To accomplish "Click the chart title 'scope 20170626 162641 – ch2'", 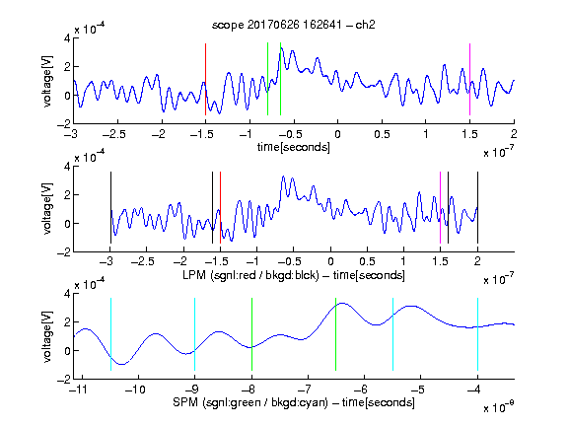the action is [x=294, y=25].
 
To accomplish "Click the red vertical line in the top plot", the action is [x=205, y=79].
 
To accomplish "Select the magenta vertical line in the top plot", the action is [x=469, y=79].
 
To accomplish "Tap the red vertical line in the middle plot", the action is [x=220, y=207].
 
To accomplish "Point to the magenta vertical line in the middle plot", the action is [x=440, y=207].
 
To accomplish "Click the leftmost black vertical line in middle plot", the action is [x=110, y=207].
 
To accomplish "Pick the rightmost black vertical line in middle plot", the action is [x=477, y=207].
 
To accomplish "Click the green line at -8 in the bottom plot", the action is [x=251, y=334].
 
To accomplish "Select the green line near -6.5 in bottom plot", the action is [x=336, y=334].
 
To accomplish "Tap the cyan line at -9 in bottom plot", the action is [x=195, y=334].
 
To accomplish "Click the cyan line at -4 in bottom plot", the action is [x=477, y=334].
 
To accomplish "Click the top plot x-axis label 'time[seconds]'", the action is [x=294, y=147].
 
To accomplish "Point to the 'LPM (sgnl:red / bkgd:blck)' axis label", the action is [x=250, y=275].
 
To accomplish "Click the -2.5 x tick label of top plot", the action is [x=114, y=134].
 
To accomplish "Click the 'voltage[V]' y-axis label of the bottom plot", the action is [x=47, y=336].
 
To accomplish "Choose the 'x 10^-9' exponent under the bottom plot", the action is [x=499, y=407].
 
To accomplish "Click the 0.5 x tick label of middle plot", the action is [x=367, y=261].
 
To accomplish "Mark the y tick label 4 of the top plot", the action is [x=67, y=37].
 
